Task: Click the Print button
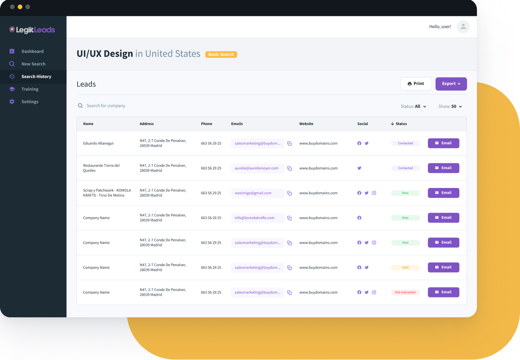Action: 416,84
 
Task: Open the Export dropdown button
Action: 451,84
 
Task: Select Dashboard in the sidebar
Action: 32,51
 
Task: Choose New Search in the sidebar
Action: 33,64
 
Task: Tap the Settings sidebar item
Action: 30,102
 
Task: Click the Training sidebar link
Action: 30,89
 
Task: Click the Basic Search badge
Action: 221,54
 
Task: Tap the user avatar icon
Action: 463,27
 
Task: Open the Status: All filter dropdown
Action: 413,106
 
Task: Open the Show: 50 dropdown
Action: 450,106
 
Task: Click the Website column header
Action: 306,124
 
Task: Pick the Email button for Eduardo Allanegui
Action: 443,143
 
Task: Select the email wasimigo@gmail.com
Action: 253,193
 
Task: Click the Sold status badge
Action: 405,268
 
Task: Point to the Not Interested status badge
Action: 405,292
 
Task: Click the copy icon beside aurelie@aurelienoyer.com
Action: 289,169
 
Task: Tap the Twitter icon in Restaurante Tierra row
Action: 359,168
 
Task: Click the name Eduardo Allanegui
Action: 98,143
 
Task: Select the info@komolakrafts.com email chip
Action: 254,218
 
